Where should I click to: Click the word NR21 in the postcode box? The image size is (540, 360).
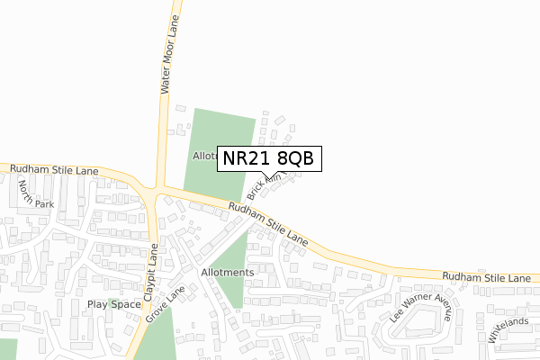pyautogui.click(x=244, y=159)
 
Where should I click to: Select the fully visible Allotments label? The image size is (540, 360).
pyautogui.click(x=228, y=272)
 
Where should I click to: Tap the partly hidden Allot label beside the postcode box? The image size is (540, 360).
pyautogui.click(x=204, y=156)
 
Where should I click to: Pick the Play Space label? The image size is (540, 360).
pyautogui.click(x=114, y=304)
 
